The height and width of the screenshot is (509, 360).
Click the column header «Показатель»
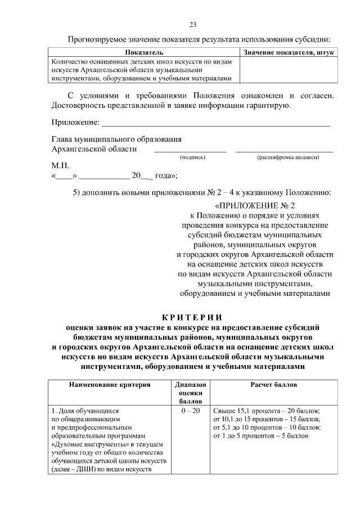[145, 52]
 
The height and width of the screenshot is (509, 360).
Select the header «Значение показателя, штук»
[289, 52]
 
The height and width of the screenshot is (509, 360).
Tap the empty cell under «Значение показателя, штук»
[289, 70]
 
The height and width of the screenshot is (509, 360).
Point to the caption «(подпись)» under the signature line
[192, 157]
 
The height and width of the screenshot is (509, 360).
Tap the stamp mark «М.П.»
[60, 166]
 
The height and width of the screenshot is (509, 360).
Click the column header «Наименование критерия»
[110, 385]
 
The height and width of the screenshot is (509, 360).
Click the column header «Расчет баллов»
[273, 385]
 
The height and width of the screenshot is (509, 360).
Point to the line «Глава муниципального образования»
[116, 139]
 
